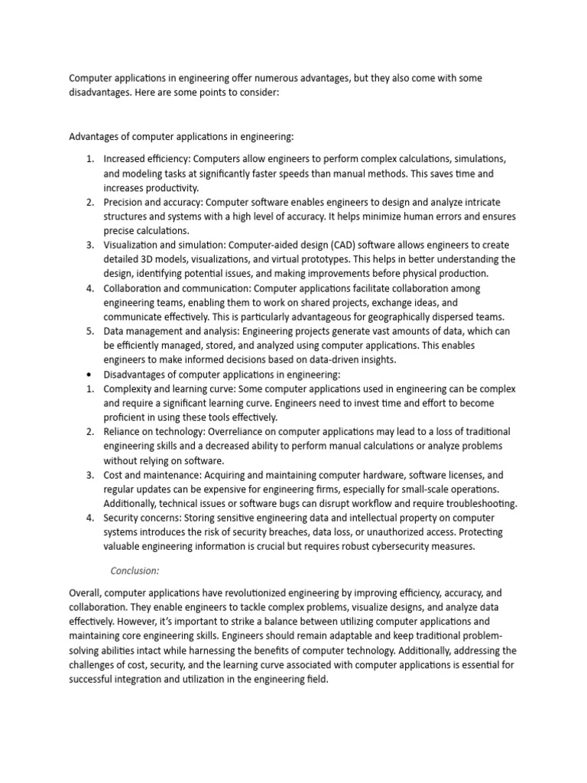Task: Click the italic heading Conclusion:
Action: (135, 570)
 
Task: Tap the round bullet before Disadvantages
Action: (89, 375)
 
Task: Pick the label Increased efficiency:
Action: (147, 158)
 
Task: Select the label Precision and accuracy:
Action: (154, 202)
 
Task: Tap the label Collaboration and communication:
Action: (177, 288)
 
